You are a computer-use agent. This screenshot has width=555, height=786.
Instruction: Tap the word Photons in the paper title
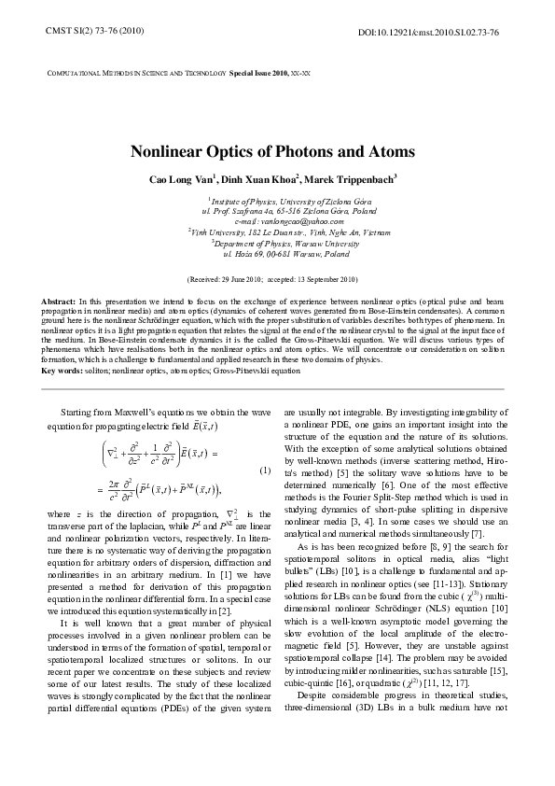pos(291,150)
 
